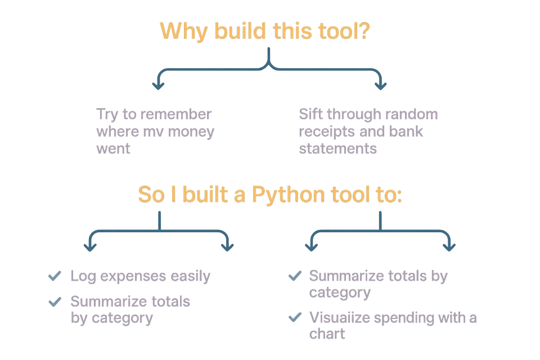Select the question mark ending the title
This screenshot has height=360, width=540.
(x=364, y=30)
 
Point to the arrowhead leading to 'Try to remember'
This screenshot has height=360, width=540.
(x=157, y=85)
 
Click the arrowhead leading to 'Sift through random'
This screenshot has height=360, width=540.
(x=381, y=85)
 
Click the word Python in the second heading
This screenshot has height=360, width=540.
(x=288, y=195)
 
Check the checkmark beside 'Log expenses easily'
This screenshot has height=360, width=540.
(x=55, y=276)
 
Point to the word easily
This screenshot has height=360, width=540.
(x=191, y=276)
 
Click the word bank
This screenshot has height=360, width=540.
(x=409, y=133)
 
